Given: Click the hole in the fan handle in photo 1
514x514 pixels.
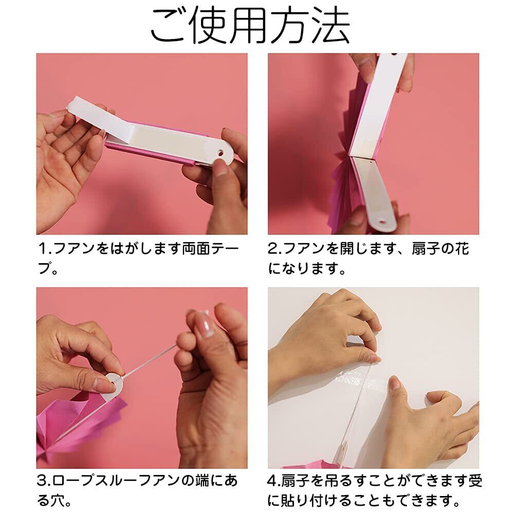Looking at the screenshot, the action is pos(222,153).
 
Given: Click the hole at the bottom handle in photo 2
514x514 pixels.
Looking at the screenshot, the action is pos(383,223).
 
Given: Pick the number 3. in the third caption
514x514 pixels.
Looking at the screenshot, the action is pos(44,481).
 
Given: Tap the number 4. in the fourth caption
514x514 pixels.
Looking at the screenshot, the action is pos(274,481).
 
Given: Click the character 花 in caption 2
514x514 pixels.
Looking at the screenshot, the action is pos(462,249).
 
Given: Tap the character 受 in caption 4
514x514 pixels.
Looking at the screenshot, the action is pos(475,481).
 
